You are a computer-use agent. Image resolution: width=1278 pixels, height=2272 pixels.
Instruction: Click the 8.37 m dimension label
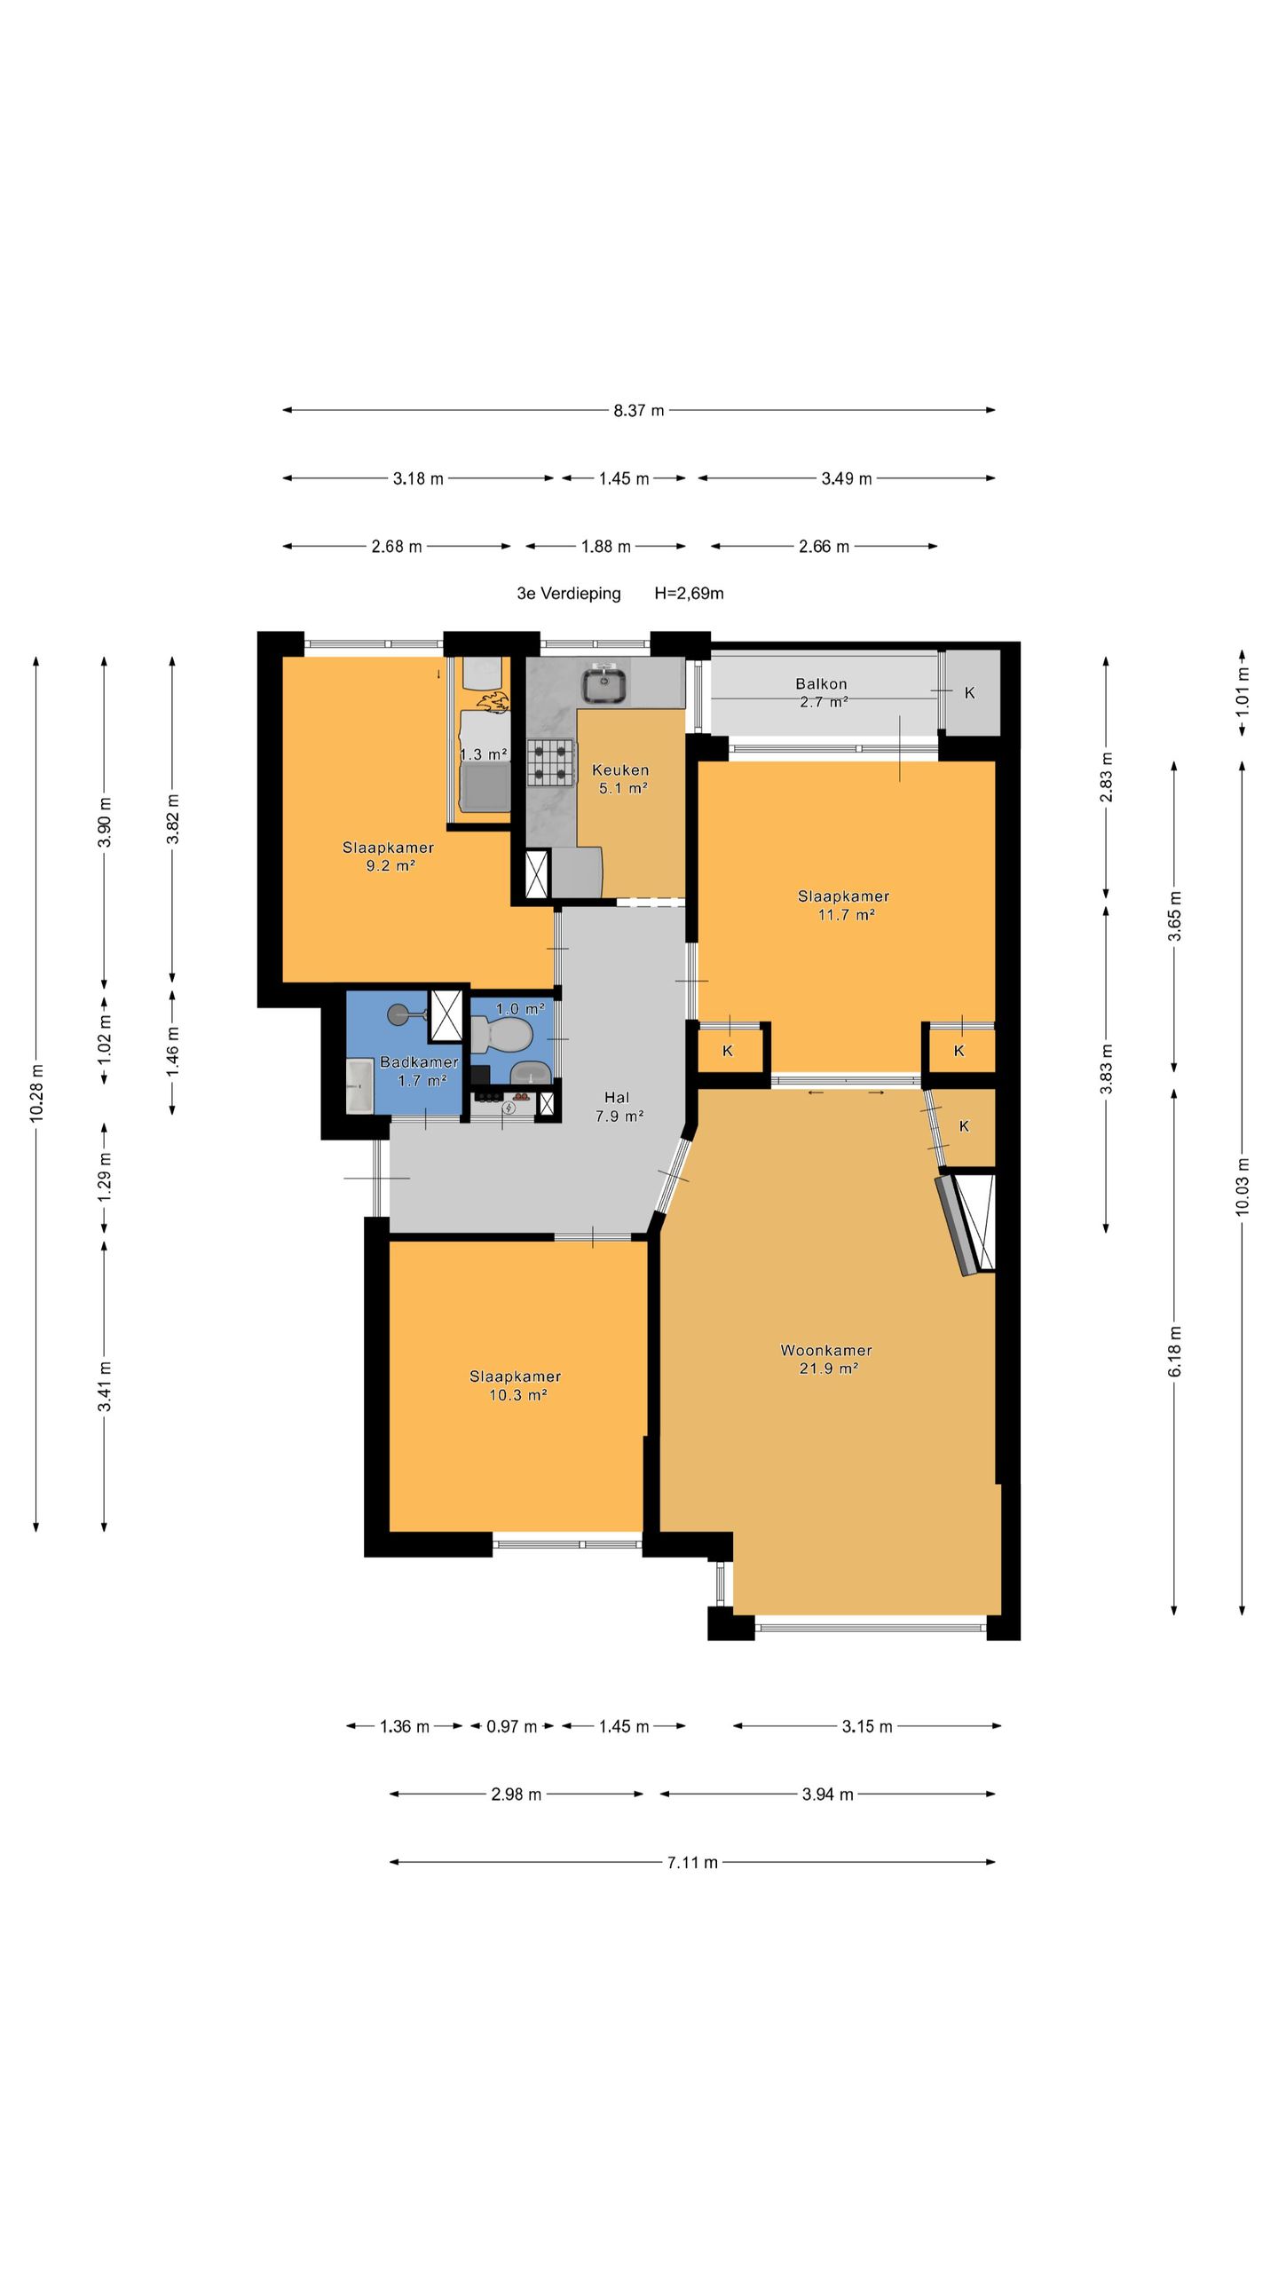[639, 410]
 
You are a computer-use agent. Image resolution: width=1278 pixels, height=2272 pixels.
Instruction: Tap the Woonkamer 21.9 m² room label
[826, 1359]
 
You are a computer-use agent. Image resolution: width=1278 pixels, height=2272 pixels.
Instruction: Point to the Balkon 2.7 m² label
[821, 692]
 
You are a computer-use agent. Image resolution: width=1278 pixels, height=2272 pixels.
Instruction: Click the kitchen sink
[604, 684]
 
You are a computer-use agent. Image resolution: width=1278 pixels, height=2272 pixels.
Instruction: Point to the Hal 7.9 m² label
[619, 1107]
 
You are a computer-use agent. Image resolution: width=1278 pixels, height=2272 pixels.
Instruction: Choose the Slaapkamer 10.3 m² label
[515, 1385]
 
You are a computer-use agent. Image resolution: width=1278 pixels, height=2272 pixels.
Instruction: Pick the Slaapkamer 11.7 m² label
[844, 904]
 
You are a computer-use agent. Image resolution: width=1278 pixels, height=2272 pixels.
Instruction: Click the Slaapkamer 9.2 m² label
[389, 856]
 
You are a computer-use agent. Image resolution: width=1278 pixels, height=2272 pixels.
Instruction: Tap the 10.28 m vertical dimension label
[36, 1093]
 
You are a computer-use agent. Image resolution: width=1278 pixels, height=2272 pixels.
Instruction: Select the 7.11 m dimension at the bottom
[692, 1862]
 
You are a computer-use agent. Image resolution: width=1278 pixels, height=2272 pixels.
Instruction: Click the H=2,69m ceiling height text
[690, 593]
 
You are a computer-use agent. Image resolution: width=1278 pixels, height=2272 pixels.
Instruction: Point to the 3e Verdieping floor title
[569, 593]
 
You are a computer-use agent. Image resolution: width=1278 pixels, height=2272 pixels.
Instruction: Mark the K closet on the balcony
[970, 692]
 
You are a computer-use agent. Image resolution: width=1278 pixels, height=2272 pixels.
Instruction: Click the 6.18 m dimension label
[1174, 1351]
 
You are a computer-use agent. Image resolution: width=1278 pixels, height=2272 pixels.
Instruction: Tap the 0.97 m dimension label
[511, 1726]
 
